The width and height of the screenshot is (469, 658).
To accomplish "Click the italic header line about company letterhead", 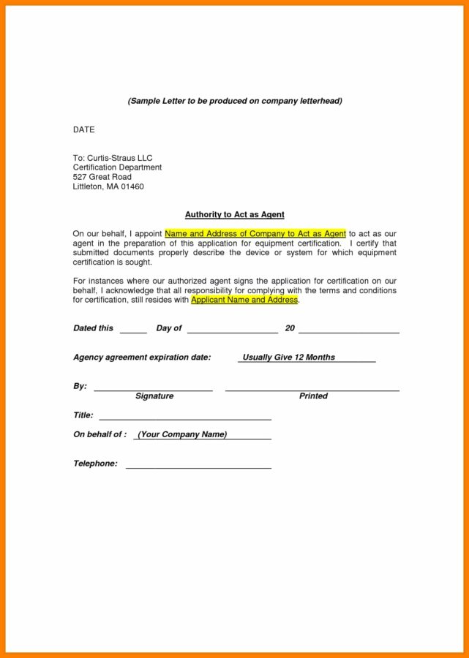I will click(x=234, y=101).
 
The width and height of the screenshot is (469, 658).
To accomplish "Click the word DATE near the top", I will click(x=83, y=129).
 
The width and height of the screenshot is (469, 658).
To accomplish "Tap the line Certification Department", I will click(x=117, y=167).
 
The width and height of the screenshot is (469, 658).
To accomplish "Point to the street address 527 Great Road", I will click(x=102, y=177).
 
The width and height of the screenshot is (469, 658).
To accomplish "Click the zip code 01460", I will click(x=132, y=186).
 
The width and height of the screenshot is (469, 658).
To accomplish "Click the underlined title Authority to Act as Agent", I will click(x=234, y=215).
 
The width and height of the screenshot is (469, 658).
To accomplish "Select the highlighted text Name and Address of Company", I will click(x=255, y=234).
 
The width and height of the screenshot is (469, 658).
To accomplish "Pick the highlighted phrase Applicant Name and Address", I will click(x=244, y=300).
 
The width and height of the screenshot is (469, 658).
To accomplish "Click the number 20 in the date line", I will click(x=290, y=328).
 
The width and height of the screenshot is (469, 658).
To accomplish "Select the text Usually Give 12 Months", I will click(x=288, y=358).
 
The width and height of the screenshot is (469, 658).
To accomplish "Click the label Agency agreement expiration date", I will click(x=142, y=358).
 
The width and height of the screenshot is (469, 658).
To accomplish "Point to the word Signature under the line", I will click(x=154, y=396).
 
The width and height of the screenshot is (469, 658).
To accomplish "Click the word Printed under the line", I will click(x=313, y=396).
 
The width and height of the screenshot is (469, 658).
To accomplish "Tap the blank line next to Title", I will click(x=185, y=417).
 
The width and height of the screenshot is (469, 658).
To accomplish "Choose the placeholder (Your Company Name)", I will click(x=182, y=435).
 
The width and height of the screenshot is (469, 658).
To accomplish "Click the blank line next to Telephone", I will click(x=198, y=466).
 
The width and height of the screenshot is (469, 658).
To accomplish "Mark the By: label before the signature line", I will click(x=80, y=386).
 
